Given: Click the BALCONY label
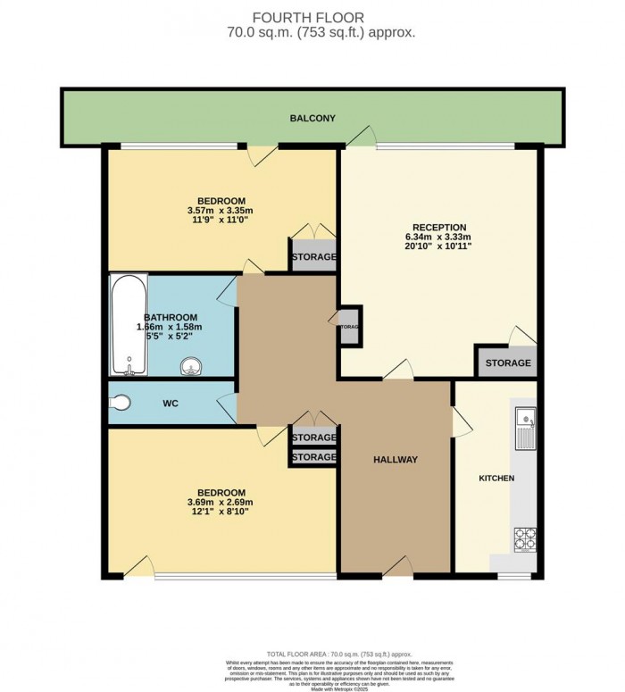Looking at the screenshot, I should [x=312, y=118].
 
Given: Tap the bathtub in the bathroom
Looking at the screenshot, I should [x=125, y=325].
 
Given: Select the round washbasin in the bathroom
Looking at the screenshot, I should [x=190, y=364].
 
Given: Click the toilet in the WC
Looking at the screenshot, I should [x=121, y=404].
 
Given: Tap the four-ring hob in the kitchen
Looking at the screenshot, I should [x=525, y=539].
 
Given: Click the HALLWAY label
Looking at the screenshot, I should [x=396, y=460].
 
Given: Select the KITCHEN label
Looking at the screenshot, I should [x=496, y=479].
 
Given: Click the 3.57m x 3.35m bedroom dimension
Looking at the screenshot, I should [x=222, y=211].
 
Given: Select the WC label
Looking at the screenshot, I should [x=171, y=404].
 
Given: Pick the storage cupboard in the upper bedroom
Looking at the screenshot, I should [x=313, y=256].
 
